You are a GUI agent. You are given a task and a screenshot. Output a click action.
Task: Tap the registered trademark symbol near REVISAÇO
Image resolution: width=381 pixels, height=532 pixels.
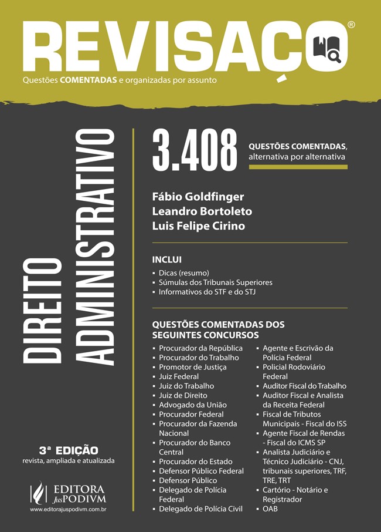coord(351,25)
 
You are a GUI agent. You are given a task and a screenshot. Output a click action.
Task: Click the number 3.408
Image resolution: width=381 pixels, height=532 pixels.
coord(195,153)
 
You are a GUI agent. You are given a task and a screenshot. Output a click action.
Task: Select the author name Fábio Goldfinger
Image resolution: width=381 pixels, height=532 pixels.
coord(198,196)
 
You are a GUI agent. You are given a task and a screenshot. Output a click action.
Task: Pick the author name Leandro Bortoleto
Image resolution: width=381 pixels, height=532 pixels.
coord(202,211)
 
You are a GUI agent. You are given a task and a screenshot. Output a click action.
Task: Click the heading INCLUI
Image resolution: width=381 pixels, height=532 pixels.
coord(167,260)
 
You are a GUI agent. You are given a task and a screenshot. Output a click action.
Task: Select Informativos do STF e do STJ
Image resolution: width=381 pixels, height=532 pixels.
coord(207,292)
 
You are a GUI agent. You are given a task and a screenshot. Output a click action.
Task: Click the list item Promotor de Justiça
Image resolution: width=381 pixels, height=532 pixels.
coord(192,367)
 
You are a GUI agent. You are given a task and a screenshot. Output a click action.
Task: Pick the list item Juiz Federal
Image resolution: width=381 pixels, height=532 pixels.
coord(179,376)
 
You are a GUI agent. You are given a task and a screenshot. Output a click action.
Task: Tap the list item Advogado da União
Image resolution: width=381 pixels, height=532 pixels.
coord(192,405)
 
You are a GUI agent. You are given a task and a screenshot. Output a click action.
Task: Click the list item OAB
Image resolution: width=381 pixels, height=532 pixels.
coord(270,509)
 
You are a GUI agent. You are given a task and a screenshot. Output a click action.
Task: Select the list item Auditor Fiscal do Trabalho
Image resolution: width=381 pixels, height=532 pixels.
coord(304,386)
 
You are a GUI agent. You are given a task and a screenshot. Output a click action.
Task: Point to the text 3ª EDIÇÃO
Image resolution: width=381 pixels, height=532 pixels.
coord(69,450)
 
